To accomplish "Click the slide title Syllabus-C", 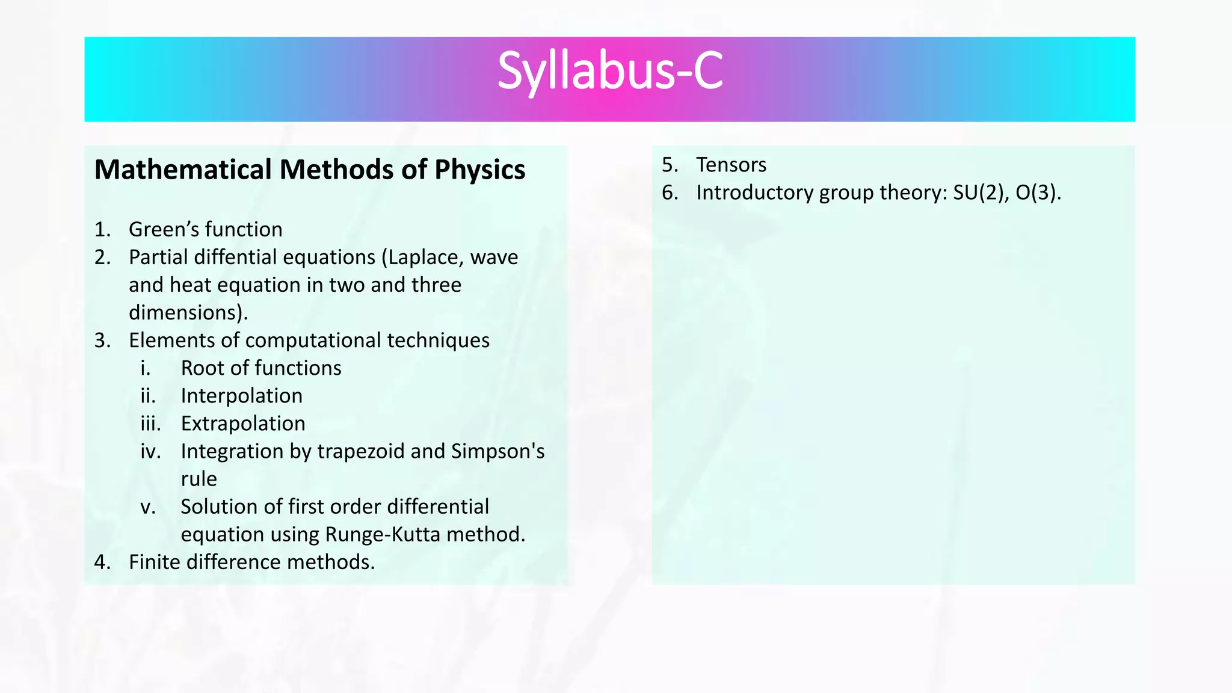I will click(609, 72).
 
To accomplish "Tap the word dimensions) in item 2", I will click(188, 313).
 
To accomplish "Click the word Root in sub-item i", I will click(203, 368).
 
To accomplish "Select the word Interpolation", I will click(241, 396).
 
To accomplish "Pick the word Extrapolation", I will click(243, 423).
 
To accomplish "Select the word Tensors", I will click(731, 165).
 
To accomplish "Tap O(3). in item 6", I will click(1038, 192).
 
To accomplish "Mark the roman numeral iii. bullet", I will click(150, 423).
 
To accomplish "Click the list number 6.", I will click(670, 192).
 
